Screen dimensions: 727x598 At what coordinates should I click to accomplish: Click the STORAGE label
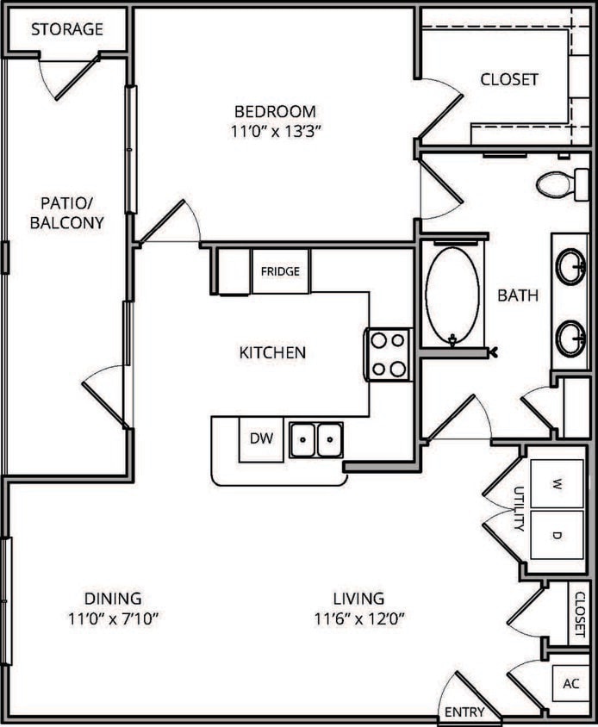coord(67,29)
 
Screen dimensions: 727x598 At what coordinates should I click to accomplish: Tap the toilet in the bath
coord(556,183)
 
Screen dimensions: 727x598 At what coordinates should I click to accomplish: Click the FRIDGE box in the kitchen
coord(281,271)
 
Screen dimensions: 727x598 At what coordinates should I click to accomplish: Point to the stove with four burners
coord(388,354)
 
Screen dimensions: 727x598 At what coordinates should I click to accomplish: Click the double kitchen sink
coord(315,439)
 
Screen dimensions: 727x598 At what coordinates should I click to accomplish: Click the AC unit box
coord(571,684)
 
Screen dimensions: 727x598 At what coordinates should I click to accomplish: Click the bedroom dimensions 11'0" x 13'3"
coord(276,131)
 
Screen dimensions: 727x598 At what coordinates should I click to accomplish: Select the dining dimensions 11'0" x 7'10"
coord(113,618)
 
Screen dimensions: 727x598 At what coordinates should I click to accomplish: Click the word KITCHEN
coord(272,352)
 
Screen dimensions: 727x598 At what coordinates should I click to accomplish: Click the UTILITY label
coord(519,509)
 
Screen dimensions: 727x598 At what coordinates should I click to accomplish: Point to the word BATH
coord(518,295)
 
